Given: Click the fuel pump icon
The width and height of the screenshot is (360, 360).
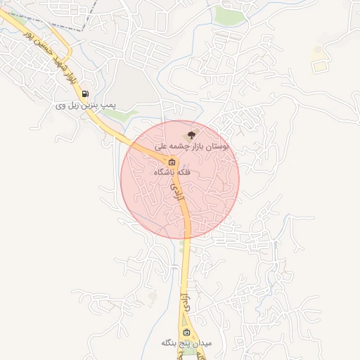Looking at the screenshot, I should coord(85,93).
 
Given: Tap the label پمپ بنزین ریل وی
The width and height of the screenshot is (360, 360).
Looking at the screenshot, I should coord(86,105).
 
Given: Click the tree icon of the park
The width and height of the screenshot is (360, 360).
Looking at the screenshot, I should coord(193,134).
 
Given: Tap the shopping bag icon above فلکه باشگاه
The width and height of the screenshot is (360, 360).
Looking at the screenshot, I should coord(172,162).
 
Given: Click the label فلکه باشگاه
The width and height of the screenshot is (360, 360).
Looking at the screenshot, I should coord(174,172).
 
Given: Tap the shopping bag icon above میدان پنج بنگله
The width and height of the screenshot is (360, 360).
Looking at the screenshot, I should coord(186,332).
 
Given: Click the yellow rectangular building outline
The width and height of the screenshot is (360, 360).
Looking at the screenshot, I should coord(320,65).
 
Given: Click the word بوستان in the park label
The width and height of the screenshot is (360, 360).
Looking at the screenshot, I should coord(217,146).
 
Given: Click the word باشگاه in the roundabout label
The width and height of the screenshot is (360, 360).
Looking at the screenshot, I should coord(166,172).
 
